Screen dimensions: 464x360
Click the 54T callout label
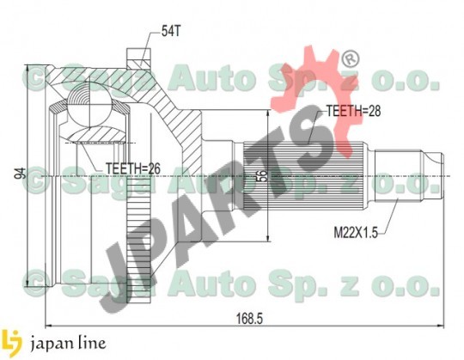pos(171,31)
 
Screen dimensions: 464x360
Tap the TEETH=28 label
pos(353,111)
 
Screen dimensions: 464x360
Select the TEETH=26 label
pos(133,168)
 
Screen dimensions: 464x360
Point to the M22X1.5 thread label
pos(356,233)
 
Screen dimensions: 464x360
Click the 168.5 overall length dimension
pos(249,319)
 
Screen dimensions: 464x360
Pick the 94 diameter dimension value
pos(21,173)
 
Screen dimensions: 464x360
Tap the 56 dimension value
pos(263,175)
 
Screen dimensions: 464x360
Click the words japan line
pos(68,344)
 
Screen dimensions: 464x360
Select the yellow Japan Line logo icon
pos(11,343)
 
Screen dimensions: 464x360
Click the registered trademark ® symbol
pos(351,59)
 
